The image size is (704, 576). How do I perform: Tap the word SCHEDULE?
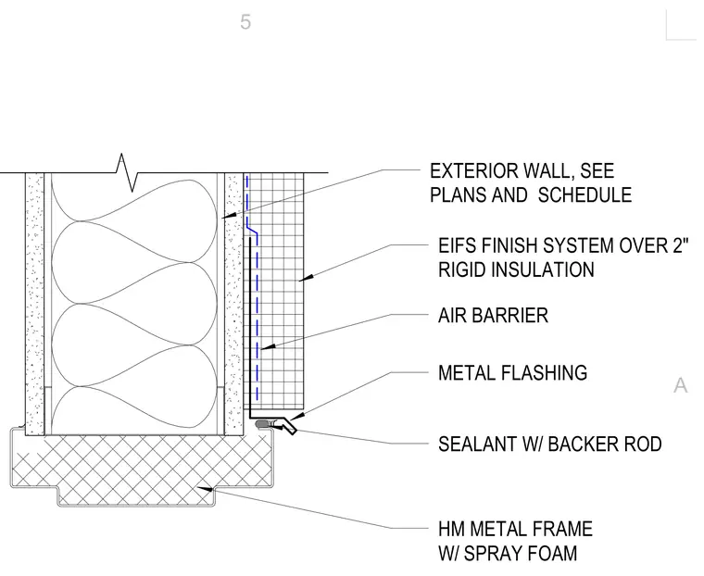click(585, 194)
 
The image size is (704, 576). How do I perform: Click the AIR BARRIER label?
click(493, 316)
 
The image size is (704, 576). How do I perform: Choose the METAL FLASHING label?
click(513, 373)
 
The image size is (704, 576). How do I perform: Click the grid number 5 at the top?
click(245, 22)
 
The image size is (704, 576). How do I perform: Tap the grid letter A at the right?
click(681, 385)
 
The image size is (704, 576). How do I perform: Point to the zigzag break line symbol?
click(126, 172)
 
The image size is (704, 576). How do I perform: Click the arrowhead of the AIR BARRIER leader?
click(266, 347)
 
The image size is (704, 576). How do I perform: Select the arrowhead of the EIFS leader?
click(305, 279)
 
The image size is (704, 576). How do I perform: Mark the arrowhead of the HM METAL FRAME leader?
click(205, 488)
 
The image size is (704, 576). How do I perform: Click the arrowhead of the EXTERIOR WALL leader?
click(228, 216)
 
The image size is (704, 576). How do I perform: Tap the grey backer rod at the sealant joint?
click(261, 423)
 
